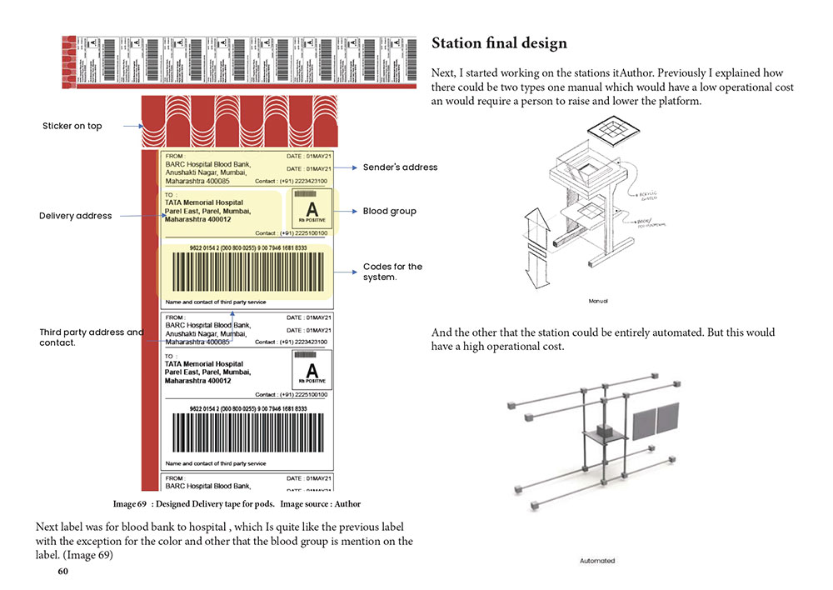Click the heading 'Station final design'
(x=499, y=42)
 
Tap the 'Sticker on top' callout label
(x=72, y=126)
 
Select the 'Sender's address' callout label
(x=400, y=167)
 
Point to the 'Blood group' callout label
(x=389, y=212)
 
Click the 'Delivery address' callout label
(x=75, y=216)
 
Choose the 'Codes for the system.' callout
(x=392, y=272)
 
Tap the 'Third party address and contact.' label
(x=91, y=337)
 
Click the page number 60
(x=63, y=572)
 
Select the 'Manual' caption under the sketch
(x=598, y=301)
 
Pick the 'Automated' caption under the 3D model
(x=597, y=561)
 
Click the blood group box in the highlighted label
(x=312, y=209)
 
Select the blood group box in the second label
(x=312, y=369)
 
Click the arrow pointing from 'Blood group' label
(x=347, y=212)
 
